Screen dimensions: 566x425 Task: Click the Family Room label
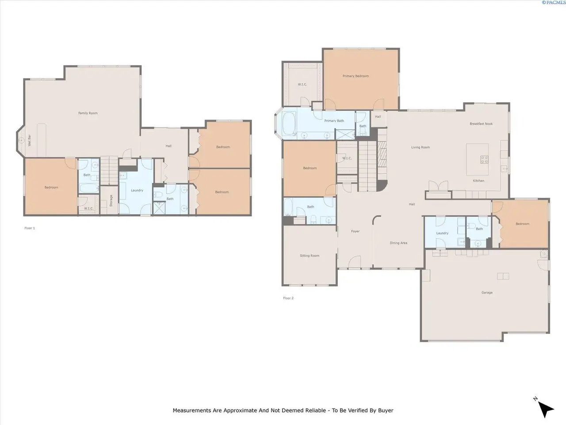point(88,113)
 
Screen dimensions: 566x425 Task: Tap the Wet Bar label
point(29,140)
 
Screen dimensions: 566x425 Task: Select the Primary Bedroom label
point(356,76)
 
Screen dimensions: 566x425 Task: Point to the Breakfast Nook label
point(481,124)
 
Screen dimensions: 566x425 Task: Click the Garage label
point(487,292)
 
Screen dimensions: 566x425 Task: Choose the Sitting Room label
point(310,255)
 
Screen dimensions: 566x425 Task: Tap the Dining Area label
point(398,243)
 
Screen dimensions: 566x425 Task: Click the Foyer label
point(355,231)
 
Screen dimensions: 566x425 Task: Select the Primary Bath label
point(334,120)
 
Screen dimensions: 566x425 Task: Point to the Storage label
point(111,201)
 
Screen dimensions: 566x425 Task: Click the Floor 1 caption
point(29,228)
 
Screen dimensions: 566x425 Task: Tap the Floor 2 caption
point(288,298)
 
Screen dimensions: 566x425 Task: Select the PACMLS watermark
point(554,2)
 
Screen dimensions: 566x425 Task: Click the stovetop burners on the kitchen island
point(484,159)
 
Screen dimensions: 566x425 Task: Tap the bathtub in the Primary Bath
point(289,124)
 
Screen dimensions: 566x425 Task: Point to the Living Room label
point(421,147)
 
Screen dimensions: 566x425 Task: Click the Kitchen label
point(478,181)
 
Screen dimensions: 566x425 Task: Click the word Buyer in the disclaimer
point(386,410)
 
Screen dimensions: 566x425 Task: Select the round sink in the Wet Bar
point(21,140)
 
